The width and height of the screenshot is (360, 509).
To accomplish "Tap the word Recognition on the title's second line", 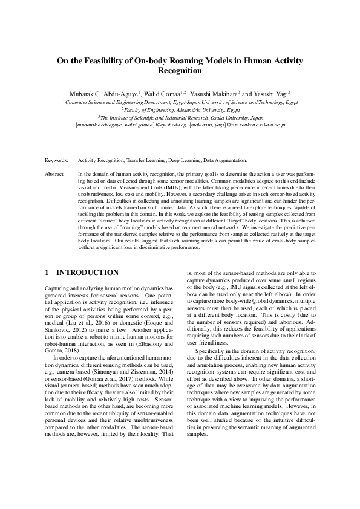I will click(x=180, y=71).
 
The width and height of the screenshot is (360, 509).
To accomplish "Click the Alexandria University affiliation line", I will click(x=180, y=110).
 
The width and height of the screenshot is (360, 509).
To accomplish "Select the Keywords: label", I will click(x=56, y=161).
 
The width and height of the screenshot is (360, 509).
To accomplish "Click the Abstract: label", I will click(x=55, y=173).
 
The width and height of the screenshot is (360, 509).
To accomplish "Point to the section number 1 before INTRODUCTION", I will click(x=48, y=273).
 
